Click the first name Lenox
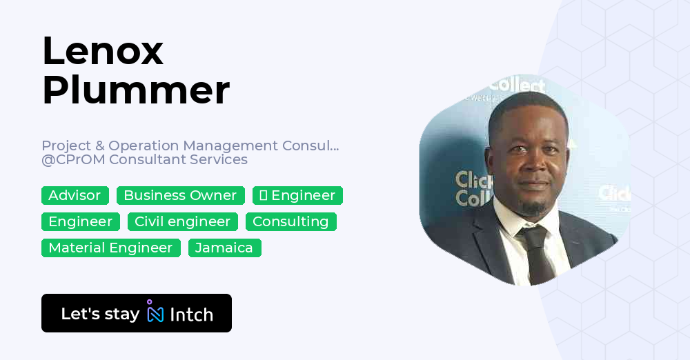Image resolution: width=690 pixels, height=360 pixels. pyautogui.click(x=103, y=50)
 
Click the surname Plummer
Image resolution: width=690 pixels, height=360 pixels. pyautogui.click(x=136, y=90)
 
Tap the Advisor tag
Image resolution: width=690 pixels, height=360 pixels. pyautogui.click(x=75, y=196)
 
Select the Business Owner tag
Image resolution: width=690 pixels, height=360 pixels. pyautogui.click(x=180, y=196)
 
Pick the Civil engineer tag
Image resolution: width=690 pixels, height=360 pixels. pyautogui.click(x=182, y=222)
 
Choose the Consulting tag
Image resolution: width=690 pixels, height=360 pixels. pyautogui.click(x=290, y=222)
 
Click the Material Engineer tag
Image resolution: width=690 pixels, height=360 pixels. pyautogui.click(x=110, y=248)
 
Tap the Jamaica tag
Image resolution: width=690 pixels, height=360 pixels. pyautogui.click(x=224, y=248)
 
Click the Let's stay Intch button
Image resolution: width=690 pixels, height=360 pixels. pyautogui.click(x=137, y=313)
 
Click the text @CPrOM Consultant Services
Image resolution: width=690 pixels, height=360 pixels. pyautogui.click(x=144, y=160)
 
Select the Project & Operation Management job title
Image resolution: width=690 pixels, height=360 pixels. pyautogui.click(x=190, y=146)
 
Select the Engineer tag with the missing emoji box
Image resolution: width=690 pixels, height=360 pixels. pyautogui.click(x=297, y=196)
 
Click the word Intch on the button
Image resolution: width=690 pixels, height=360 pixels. pyautogui.click(x=191, y=314)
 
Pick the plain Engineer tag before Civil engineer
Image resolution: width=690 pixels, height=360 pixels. pyautogui.click(x=80, y=222)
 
